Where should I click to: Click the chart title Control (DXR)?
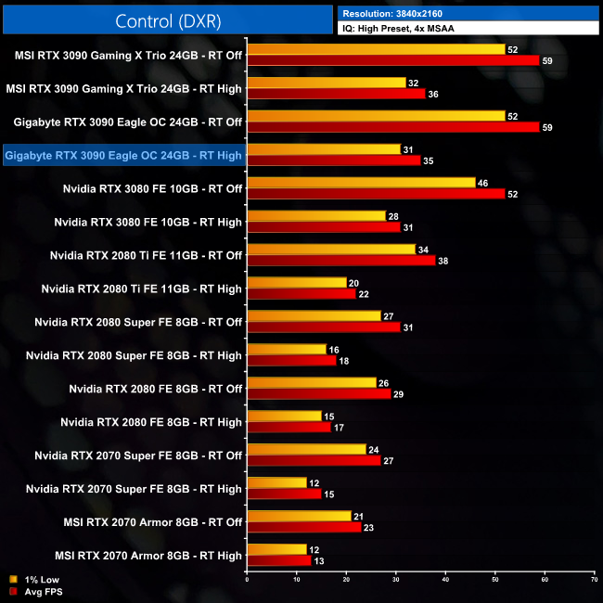coord(166,20)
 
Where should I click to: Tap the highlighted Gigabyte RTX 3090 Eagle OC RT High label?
coord(123,155)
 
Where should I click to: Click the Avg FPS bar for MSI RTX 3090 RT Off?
coord(392,60)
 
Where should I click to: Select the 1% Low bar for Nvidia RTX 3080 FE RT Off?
coord(361,183)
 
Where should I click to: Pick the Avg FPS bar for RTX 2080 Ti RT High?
coord(301,294)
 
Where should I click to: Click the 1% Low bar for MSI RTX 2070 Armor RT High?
coord(276,549)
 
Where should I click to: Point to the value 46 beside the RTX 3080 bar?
coord(482,183)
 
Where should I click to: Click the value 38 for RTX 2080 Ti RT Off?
coord(443,261)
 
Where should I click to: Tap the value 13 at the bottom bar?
coord(318,560)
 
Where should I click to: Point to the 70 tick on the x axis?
coord(594,580)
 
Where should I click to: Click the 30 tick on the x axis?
coord(395,580)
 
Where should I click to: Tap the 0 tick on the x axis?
coord(247,580)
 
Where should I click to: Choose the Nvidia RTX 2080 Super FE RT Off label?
coord(137,322)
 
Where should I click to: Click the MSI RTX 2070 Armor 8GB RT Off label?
coord(148,522)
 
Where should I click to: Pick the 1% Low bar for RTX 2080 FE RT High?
coord(284,416)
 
